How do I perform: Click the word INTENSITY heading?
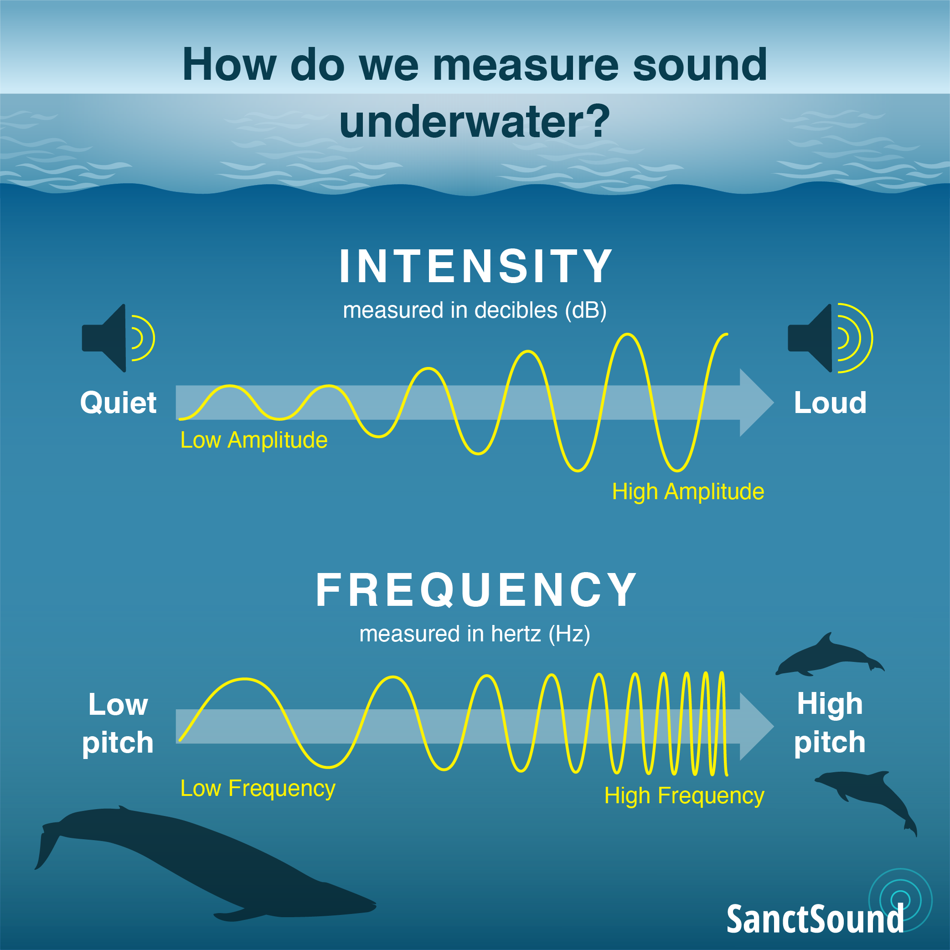475,266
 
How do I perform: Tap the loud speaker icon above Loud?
830,338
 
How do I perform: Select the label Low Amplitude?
254,440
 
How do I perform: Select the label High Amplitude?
688,492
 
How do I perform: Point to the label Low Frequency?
258,788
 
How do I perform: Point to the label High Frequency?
684,795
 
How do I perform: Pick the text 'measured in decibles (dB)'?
475,311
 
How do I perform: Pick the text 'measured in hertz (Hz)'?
475,634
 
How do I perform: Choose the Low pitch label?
118,723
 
